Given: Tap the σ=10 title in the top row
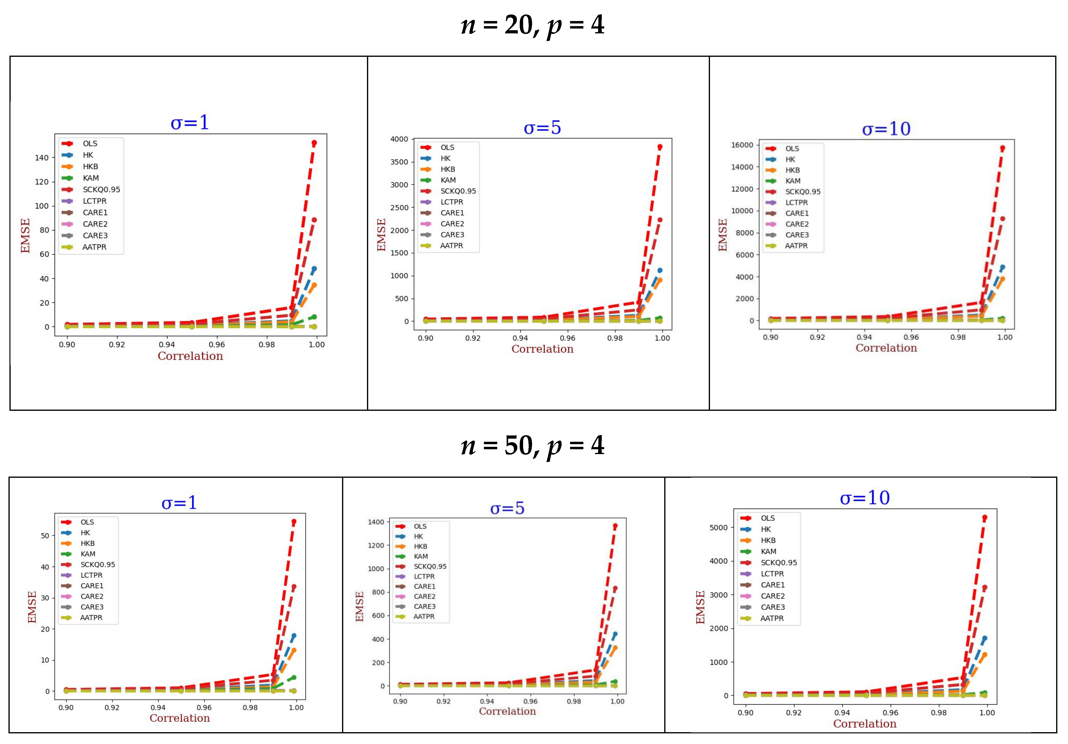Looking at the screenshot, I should click(886, 129).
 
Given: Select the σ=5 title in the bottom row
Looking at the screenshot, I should click(507, 508).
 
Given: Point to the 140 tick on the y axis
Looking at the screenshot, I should click(41, 158).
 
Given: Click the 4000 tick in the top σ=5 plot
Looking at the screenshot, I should click(399, 139).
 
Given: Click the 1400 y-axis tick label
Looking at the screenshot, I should click(376, 522).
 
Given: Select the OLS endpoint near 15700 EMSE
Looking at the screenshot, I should click(1002, 148).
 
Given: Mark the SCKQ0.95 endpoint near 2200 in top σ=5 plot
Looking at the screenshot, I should click(660, 220).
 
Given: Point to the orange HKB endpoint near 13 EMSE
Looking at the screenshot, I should click(294, 651).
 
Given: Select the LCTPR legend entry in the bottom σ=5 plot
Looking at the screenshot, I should click(424, 576).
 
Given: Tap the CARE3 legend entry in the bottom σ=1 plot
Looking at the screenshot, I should click(92, 607).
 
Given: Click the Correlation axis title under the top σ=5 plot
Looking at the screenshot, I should click(542, 349).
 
